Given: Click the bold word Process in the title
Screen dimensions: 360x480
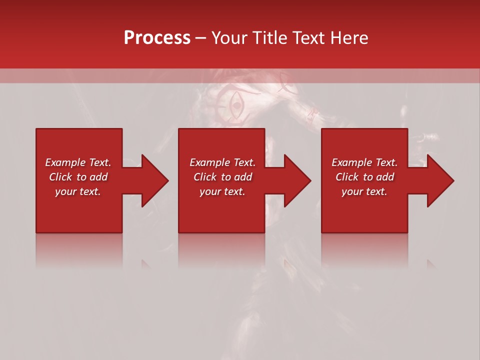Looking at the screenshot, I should [x=157, y=38].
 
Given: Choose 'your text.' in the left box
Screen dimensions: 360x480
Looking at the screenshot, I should [x=78, y=191].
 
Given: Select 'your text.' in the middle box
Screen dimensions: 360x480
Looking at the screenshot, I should [x=222, y=191].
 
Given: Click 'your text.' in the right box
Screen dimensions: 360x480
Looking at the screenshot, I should [x=364, y=191].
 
